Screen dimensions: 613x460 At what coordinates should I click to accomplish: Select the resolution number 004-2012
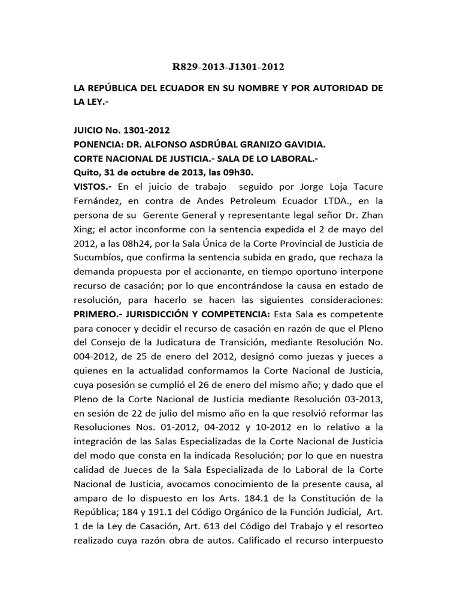[x=93, y=357]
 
